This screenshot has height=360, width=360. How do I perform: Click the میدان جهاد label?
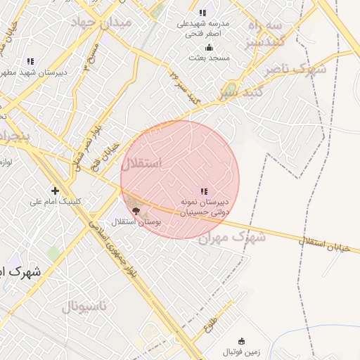click(107, 22)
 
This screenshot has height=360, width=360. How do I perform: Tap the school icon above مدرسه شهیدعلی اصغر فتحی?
click(202, 13)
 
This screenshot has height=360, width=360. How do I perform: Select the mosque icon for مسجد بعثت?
click(209, 48)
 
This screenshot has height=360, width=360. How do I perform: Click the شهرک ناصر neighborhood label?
click(295, 70)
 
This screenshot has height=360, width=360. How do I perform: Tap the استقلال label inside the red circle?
click(141, 165)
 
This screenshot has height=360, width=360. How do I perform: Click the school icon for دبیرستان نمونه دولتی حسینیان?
click(204, 191)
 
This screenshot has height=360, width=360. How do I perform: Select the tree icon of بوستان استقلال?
click(136, 210)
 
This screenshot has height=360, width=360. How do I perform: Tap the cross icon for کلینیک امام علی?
click(55, 190)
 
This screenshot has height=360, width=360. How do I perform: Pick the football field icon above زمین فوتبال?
click(242, 341)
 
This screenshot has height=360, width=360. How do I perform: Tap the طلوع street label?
click(210, 325)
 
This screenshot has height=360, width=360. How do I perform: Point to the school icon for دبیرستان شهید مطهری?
click(30, 61)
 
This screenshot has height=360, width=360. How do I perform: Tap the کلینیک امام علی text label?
click(56, 202)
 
